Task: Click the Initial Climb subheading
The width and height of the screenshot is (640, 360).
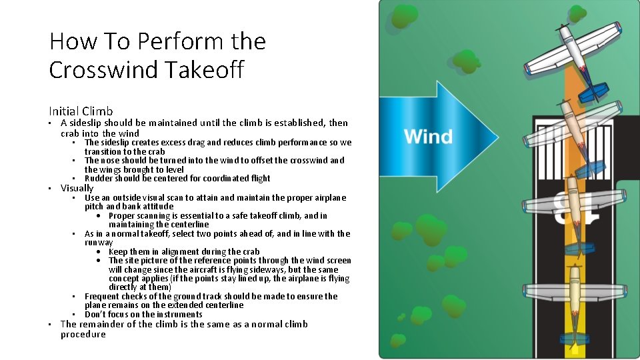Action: (81, 111)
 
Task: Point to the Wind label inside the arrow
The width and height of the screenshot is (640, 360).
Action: (428, 137)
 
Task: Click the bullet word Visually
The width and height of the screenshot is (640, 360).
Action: (77, 188)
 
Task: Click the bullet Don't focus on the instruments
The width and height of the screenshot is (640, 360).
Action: (143, 315)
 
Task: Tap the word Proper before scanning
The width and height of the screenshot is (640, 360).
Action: (123, 216)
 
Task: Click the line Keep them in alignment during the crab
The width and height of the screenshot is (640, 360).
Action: (184, 252)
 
